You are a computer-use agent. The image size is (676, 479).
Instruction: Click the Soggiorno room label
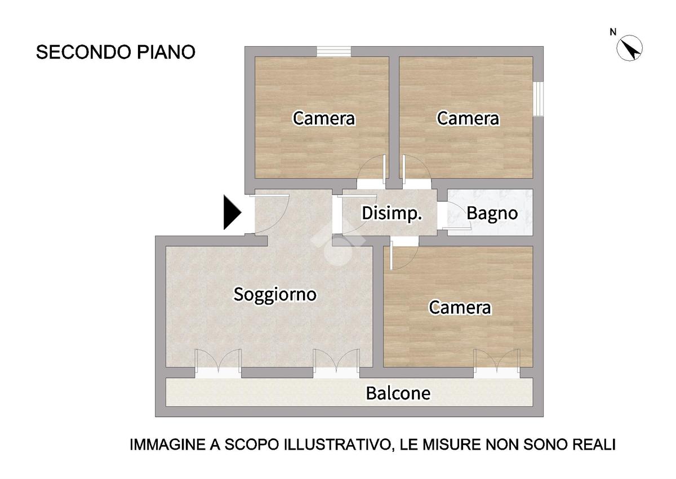(x=275, y=295)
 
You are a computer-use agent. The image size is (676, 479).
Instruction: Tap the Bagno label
(x=492, y=214)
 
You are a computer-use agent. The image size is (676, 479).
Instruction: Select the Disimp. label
(x=392, y=214)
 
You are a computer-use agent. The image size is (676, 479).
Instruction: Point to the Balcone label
(x=398, y=393)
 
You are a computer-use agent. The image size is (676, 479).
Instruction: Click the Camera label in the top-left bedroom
(x=324, y=118)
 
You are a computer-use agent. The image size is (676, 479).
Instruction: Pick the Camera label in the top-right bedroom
(x=468, y=118)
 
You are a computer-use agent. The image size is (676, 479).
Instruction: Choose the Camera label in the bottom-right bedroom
(x=460, y=308)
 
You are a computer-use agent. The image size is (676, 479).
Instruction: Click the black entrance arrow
(x=232, y=212)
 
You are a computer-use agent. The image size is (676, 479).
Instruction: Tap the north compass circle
(x=629, y=48)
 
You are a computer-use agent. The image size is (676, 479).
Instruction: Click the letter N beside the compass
(x=613, y=32)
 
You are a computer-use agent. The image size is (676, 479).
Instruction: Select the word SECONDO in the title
(x=83, y=52)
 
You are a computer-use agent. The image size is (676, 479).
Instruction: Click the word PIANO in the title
(x=166, y=52)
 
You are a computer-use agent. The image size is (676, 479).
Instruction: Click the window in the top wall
(x=333, y=52)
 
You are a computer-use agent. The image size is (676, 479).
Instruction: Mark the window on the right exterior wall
(x=538, y=99)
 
